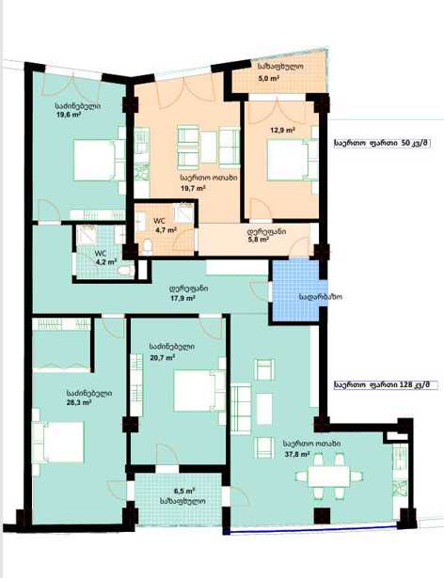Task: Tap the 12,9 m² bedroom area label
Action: coord(282,130)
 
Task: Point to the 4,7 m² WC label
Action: coord(166,230)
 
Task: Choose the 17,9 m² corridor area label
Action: coord(182,298)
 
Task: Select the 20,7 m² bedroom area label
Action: coord(162,357)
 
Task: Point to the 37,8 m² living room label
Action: coord(296,454)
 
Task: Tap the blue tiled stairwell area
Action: coord(294,289)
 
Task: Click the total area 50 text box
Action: coord(382,143)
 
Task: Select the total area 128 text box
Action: coord(386,384)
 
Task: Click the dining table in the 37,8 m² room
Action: coord(329,476)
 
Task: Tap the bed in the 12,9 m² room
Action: coord(288,160)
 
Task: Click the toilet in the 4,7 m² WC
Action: coord(148,246)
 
